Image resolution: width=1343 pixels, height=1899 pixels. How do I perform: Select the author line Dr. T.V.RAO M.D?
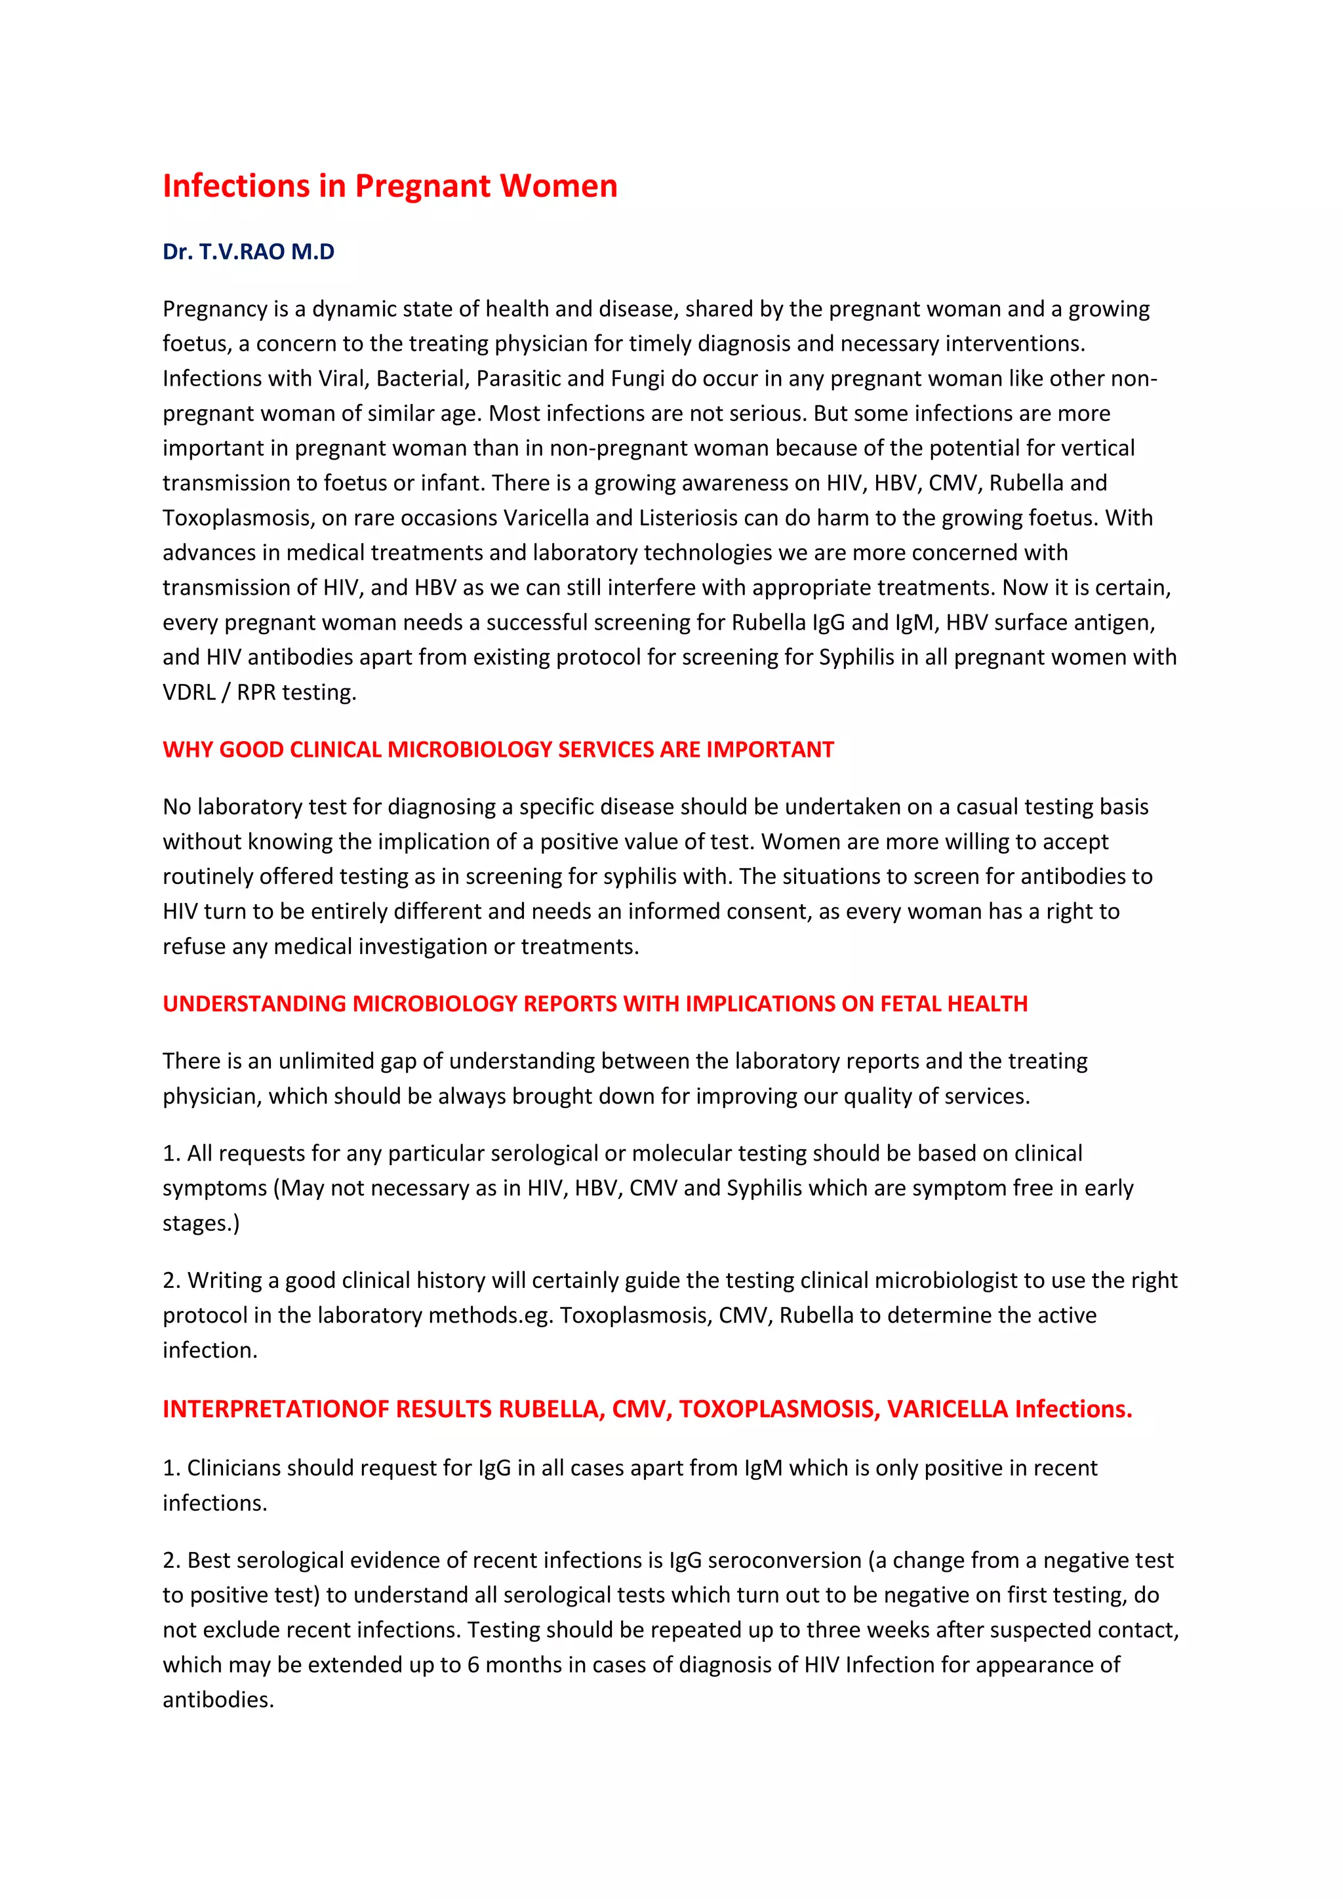(248, 251)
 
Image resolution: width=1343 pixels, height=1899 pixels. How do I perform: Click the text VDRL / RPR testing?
(259, 692)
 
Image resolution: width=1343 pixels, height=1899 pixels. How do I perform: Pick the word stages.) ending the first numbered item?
(201, 1223)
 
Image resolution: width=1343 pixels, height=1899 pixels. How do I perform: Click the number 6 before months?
(473, 1665)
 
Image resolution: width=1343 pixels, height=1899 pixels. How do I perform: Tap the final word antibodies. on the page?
(218, 1700)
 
